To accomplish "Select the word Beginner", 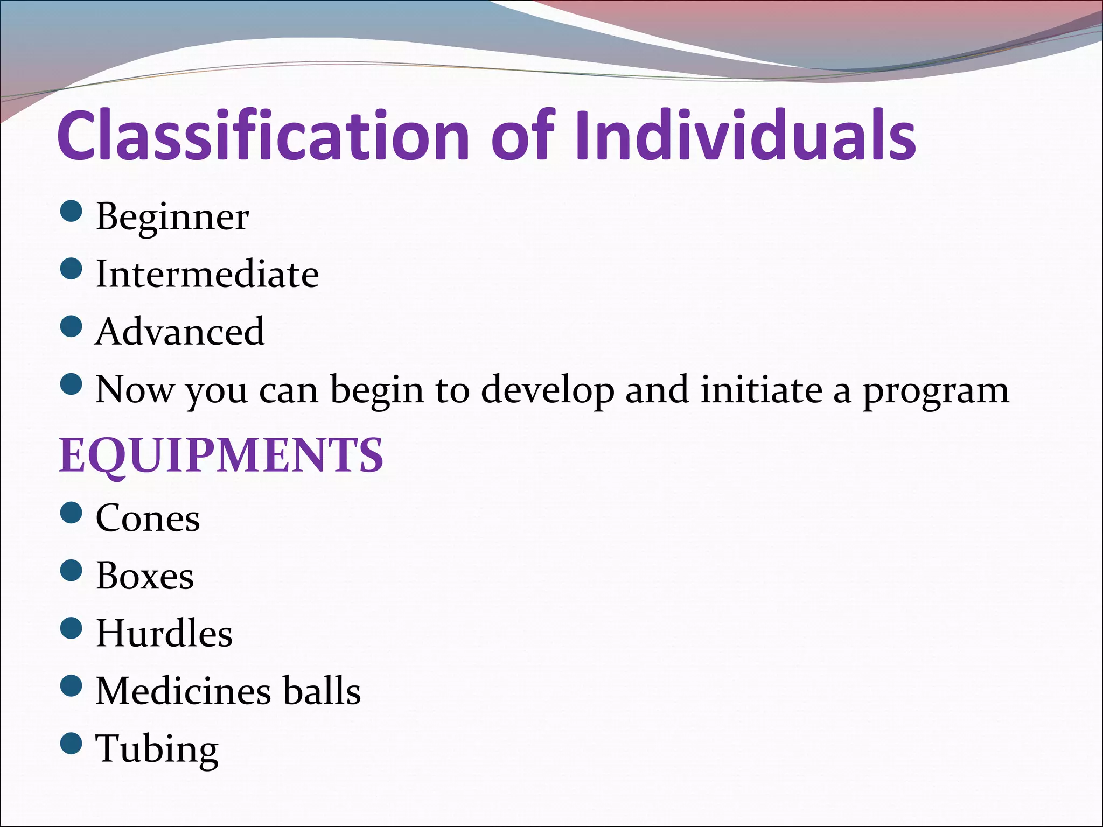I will (x=172, y=216).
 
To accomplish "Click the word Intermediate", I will (x=207, y=274).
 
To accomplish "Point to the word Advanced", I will (x=180, y=332).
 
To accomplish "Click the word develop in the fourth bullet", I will (x=547, y=390).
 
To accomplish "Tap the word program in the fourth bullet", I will (x=936, y=390).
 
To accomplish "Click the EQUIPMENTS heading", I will (x=221, y=455).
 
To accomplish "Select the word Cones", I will (x=148, y=518).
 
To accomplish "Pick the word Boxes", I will (x=145, y=576).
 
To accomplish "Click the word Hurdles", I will (x=164, y=633).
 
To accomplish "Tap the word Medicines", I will (x=183, y=691).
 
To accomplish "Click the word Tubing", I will (x=157, y=748).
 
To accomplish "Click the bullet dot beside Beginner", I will (x=71, y=212).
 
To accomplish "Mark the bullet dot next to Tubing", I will (x=71, y=744).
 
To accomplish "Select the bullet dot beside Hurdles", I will (x=71, y=628).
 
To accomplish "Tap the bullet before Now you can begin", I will (x=71, y=384).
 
